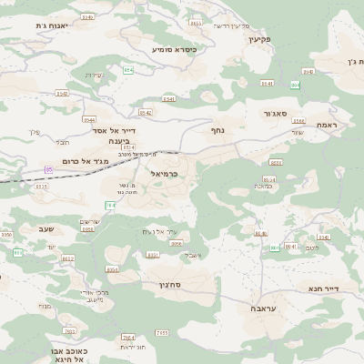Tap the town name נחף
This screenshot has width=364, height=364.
[x=218, y=130]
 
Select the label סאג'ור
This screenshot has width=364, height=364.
[x=278, y=114]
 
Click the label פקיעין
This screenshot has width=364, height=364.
[x=287, y=38]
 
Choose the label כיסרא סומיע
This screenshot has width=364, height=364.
[x=174, y=48]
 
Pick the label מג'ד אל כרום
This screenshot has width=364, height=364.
[x=88, y=161]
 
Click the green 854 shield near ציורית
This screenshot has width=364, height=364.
[x=128, y=70]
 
